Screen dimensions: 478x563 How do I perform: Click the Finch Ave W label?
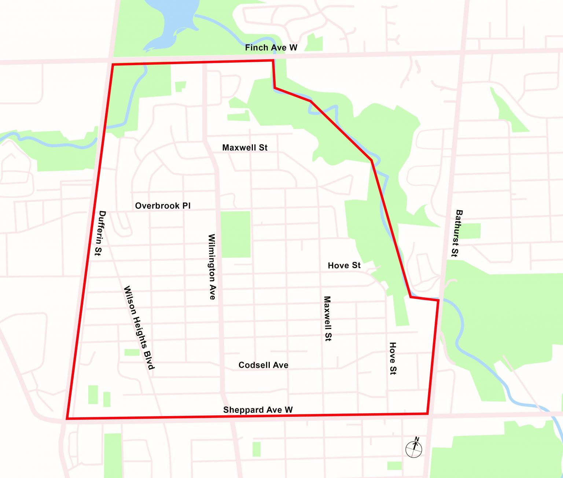(x=271, y=48)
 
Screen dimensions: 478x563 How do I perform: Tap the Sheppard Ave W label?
(x=258, y=410)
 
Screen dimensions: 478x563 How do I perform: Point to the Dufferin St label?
(x=100, y=233)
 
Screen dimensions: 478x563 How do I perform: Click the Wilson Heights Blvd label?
(x=139, y=328)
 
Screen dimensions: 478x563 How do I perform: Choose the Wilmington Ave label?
(x=212, y=267)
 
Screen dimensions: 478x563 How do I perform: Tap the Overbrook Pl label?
(x=163, y=206)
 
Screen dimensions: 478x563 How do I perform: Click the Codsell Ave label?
(x=263, y=365)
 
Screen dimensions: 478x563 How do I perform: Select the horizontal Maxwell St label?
(x=245, y=148)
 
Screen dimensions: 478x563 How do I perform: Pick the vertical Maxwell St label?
(x=327, y=319)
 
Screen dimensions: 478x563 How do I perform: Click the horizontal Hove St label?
(x=344, y=266)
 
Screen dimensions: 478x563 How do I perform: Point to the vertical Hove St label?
(x=393, y=358)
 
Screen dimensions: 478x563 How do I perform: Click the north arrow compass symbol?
(x=414, y=448)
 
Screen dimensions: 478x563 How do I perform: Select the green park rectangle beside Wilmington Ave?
(x=235, y=234)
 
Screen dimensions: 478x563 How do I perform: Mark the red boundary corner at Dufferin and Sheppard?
(x=67, y=418)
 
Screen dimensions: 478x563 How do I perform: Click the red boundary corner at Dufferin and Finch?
(x=113, y=65)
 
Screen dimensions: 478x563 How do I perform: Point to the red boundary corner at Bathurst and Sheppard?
(x=427, y=414)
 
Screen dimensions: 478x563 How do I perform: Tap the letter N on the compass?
(x=417, y=439)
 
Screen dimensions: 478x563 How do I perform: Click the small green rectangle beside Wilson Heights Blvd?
(x=132, y=352)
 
